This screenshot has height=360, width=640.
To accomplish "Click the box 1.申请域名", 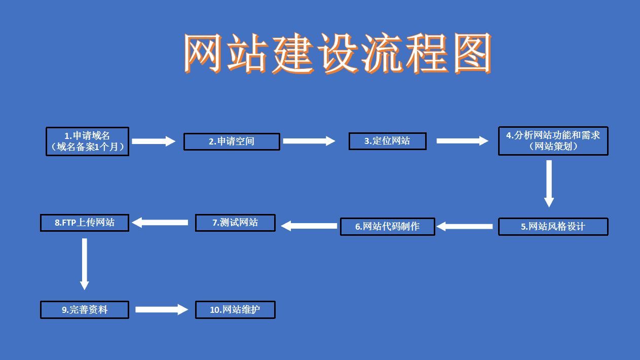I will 87,141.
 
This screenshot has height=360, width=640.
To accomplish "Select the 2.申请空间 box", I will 232,141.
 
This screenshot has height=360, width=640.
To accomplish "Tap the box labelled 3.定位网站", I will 387,141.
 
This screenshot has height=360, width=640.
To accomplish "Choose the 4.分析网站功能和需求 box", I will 553,141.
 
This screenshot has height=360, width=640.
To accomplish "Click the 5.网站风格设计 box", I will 553,227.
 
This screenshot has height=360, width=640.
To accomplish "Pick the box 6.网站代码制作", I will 387,227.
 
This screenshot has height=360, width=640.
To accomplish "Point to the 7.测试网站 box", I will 235,223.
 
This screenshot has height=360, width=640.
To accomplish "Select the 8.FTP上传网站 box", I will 85,223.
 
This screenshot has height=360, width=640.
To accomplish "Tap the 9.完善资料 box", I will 85,310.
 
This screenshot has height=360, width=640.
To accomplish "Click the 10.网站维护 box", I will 235,310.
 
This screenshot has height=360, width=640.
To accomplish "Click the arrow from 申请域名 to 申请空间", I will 154,141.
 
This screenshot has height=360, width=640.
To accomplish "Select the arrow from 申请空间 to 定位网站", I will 309,141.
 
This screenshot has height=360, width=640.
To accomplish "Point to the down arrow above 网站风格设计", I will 549,184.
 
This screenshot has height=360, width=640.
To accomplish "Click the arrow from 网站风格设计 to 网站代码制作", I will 465,227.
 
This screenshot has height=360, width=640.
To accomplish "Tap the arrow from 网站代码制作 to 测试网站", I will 309,226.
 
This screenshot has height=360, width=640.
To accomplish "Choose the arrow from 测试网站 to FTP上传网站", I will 160,222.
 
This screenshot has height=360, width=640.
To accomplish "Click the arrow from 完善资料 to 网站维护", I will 162,309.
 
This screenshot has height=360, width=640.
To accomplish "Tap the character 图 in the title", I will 472,53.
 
